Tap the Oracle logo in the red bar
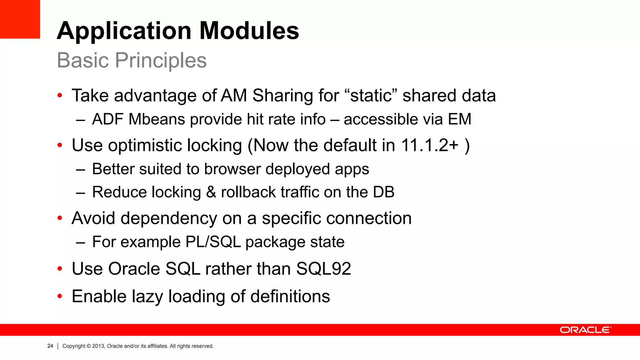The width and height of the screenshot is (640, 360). point(585,330)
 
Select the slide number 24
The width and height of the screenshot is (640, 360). point(50,346)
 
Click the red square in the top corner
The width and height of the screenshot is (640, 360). point(20,19)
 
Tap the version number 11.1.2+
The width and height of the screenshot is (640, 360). point(429,145)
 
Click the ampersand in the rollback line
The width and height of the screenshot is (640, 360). point(211,192)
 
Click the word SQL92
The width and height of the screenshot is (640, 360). point(323,269)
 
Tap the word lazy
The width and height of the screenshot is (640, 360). point(147,296)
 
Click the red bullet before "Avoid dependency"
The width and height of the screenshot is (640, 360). point(60,218)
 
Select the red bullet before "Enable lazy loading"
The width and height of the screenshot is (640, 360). point(60,296)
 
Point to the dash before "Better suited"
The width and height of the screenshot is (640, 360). point(80,170)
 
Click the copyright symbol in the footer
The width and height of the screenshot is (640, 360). point(89,346)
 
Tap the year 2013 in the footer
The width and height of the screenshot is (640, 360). point(98,346)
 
